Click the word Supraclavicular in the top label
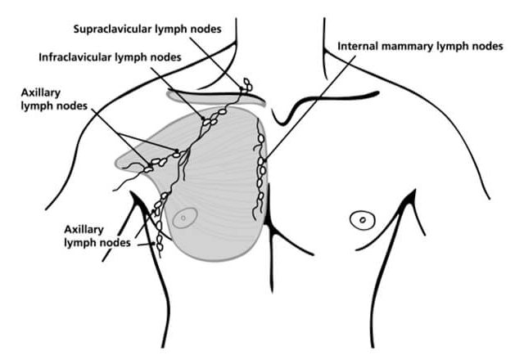point(113,29)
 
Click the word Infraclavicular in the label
point(75,57)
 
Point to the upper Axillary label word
point(40,93)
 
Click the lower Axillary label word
point(84,230)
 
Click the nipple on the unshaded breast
point(363,220)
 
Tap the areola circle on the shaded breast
point(185,218)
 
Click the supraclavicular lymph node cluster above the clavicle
point(247,85)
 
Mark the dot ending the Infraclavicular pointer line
point(203,119)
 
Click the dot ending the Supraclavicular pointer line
point(242,88)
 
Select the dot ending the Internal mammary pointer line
point(264,162)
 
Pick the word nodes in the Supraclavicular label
point(206,29)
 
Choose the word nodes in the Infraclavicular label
point(166,57)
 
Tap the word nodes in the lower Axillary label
point(115,243)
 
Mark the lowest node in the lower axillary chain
point(160,248)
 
